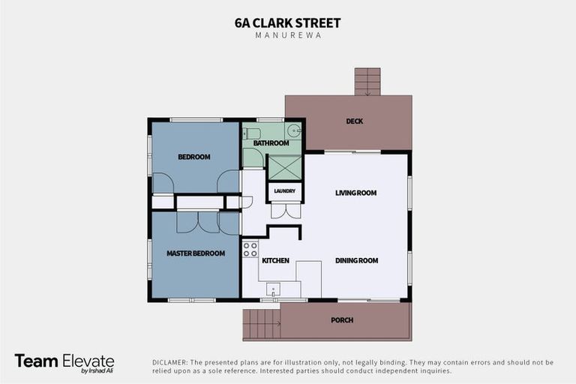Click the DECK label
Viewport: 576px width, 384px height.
pyautogui.click(x=354, y=121)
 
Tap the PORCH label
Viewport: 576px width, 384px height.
pyautogui.click(x=341, y=320)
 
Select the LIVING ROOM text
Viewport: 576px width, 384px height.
pyautogui.click(x=355, y=193)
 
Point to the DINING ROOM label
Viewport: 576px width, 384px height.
pyautogui.click(x=356, y=260)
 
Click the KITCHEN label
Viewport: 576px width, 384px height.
pyautogui.click(x=275, y=260)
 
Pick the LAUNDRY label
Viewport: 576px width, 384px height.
pyautogui.click(x=284, y=191)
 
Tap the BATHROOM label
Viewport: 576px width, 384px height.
pyautogui.click(x=271, y=143)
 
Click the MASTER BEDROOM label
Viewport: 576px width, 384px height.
pyautogui.click(x=195, y=253)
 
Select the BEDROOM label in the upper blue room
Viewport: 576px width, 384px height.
pyautogui.click(x=193, y=157)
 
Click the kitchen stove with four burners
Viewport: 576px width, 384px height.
pyautogui.click(x=250, y=249)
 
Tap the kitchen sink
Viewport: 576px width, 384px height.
pyautogui.click(x=273, y=289)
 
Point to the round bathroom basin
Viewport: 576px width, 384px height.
pyautogui.click(x=295, y=131)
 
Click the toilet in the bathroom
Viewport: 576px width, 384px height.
pyautogui.click(x=252, y=133)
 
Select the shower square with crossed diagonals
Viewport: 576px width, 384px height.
pyautogui.click(x=284, y=167)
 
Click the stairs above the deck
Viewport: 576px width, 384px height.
pyautogui.click(x=367, y=81)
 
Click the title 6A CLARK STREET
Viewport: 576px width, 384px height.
pyautogui.click(x=288, y=22)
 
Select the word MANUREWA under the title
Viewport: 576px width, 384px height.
pyautogui.click(x=288, y=35)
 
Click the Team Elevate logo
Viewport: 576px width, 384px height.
pyautogui.click(x=64, y=362)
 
